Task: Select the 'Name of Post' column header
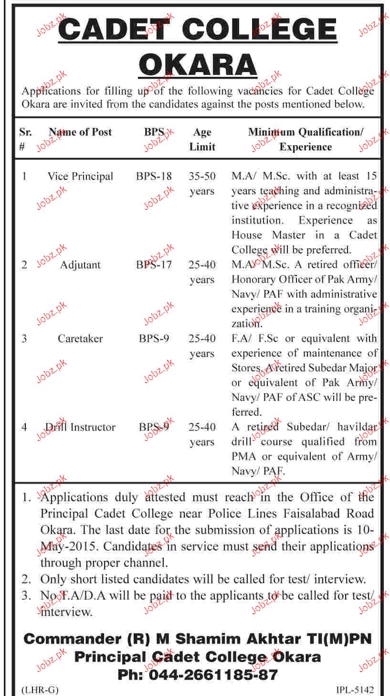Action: click(x=80, y=132)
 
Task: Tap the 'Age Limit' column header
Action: click(x=202, y=139)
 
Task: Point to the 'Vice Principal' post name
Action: click(x=80, y=176)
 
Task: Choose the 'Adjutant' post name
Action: click(x=80, y=265)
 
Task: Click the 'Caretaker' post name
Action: click(x=80, y=339)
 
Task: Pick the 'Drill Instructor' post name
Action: click(x=80, y=427)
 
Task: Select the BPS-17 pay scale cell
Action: click(x=154, y=265)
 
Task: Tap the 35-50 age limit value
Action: click(x=202, y=176)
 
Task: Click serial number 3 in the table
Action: click(x=24, y=339)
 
